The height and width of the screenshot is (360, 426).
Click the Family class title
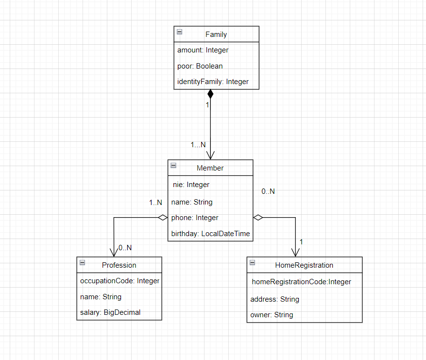tap(216, 34)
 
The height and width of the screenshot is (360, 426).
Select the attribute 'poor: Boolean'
tap(200, 66)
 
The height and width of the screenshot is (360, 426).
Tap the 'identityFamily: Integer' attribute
tap(213, 82)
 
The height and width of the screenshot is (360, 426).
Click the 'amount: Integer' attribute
tap(203, 50)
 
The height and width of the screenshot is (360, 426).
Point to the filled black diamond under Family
tap(210, 94)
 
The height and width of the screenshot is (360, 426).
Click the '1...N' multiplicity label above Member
tap(198, 145)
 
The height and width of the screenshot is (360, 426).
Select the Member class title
tap(210, 168)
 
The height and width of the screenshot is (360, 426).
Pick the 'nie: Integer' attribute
tap(191, 185)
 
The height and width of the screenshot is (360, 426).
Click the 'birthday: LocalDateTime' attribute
tap(210, 234)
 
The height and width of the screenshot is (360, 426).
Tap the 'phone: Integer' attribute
tap(195, 218)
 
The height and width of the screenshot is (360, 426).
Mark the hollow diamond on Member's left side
tap(162, 218)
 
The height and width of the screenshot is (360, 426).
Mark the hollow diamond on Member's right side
tap(258, 218)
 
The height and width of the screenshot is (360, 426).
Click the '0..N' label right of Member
tap(268, 191)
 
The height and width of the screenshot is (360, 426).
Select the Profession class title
tap(119, 265)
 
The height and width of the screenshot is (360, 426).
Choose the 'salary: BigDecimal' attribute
tap(110, 312)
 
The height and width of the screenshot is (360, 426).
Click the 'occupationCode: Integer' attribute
tap(119, 281)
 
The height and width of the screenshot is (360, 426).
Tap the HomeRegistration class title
tap(304, 265)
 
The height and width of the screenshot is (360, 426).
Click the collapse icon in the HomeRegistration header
tap(253, 263)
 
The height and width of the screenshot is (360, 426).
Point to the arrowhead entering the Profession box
tap(114, 253)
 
